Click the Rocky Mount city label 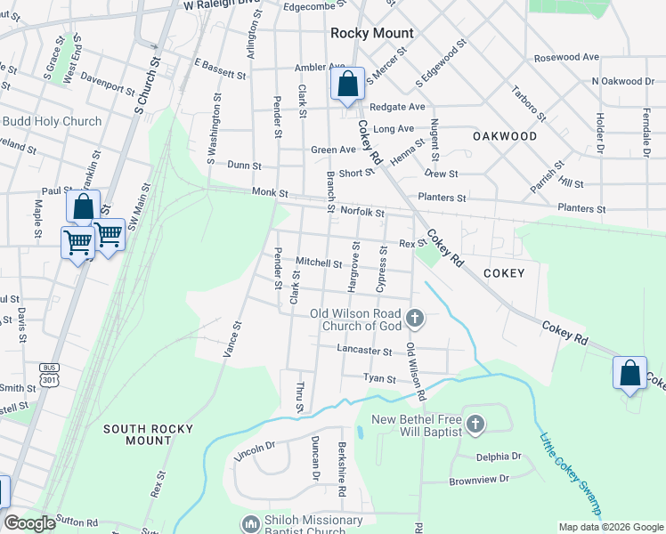point(371,33)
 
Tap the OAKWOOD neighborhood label point(505,136)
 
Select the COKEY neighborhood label point(504,273)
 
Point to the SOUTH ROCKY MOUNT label point(148,434)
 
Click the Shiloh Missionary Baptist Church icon point(250,522)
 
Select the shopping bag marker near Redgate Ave point(347,86)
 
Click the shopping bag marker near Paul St point(83,208)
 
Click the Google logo point(29,523)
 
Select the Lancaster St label point(364,351)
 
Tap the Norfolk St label point(361,213)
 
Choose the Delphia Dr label point(498,457)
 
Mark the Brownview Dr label point(478,478)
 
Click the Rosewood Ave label point(566,57)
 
